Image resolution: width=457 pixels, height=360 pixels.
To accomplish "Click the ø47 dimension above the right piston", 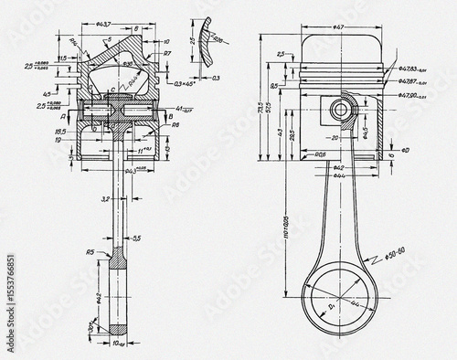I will coord(339,28).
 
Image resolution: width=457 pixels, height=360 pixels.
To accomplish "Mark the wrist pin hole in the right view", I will coord(339,109).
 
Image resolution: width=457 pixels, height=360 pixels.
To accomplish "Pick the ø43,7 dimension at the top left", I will coord(105,23).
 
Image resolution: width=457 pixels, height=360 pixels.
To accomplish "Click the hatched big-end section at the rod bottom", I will coord(117,325).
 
